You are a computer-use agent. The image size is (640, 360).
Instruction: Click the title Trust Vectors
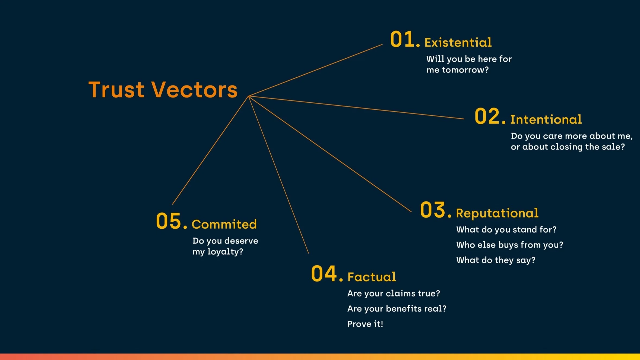(163, 90)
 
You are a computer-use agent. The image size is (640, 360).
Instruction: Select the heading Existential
(458, 43)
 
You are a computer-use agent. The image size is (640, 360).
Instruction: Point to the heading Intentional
(546, 119)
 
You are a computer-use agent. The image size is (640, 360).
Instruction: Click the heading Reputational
(497, 213)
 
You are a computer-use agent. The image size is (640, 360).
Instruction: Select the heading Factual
(372, 277)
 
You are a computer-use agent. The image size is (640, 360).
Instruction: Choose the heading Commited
(224, 224)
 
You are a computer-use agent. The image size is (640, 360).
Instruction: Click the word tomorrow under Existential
(465, 70)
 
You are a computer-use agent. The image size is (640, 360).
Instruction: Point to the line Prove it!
(365, 324)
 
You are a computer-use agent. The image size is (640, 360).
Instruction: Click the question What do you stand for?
(506, 230)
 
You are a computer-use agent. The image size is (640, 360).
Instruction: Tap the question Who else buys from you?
(509, 245)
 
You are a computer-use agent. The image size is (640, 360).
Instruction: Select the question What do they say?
(496, 260)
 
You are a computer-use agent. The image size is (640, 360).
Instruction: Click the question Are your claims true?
(394, 293)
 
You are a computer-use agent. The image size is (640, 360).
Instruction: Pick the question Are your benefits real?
(397, 309)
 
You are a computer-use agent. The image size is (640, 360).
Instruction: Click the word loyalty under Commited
(225, 252)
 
